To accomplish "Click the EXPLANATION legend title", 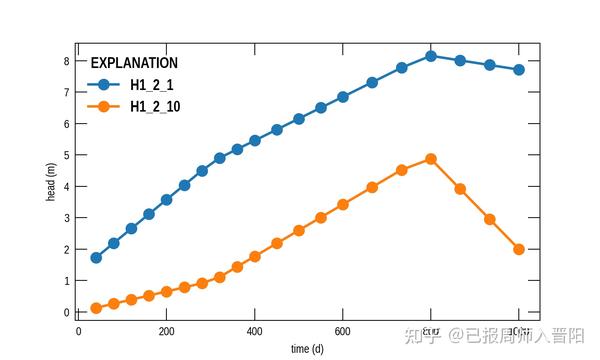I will point(134,63).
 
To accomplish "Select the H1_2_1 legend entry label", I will point(152,85).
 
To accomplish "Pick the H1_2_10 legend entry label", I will point(155,106).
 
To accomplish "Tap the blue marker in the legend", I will point(104,85).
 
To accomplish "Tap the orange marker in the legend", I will point(104,106).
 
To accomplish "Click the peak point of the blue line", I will point(431,56).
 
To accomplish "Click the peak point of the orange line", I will point(431,159).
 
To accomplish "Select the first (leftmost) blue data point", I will point(96,258).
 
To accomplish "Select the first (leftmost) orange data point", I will point(96,308).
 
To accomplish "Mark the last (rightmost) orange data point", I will point(519,249).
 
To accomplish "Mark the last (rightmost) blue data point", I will point(519,70).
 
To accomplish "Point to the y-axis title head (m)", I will point(51,182).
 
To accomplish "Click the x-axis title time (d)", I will point(307,349).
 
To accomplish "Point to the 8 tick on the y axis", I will point(66,61).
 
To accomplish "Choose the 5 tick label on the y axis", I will point(66,155).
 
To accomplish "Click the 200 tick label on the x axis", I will point(167,331).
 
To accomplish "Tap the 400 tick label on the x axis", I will point(255,331).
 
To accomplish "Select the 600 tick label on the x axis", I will point(343,331).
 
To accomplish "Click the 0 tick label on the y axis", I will point(66,313).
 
